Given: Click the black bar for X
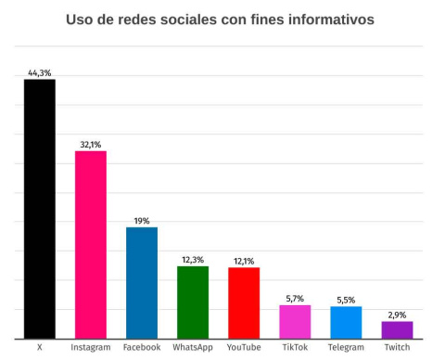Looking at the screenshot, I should (x=39, y=209).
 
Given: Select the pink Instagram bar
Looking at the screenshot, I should (x=91, y=244).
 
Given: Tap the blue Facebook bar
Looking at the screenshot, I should (x=142, y=283).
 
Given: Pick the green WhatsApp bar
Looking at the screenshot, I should (x=193, y=302).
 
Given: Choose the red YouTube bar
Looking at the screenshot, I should (x=244, y=303).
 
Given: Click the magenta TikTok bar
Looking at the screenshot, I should (x=295, y=322).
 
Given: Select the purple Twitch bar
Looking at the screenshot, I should (x=397, y=330).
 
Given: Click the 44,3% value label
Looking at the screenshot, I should (x=39, y=72).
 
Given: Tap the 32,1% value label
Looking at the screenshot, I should (x=91, y=144).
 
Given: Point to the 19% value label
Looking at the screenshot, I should (x=142, y=221).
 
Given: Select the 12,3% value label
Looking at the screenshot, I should (x=193, y=260).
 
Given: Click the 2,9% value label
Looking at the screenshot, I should (x=397, y=315).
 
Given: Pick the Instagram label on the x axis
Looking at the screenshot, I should (x=91, y=348).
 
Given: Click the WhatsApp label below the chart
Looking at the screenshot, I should (x=193, y=348).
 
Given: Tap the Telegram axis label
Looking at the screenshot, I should (x=346, y=348).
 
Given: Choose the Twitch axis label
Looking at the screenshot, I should (x=397, y=348).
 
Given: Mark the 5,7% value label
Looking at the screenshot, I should (x=295, y=299).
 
